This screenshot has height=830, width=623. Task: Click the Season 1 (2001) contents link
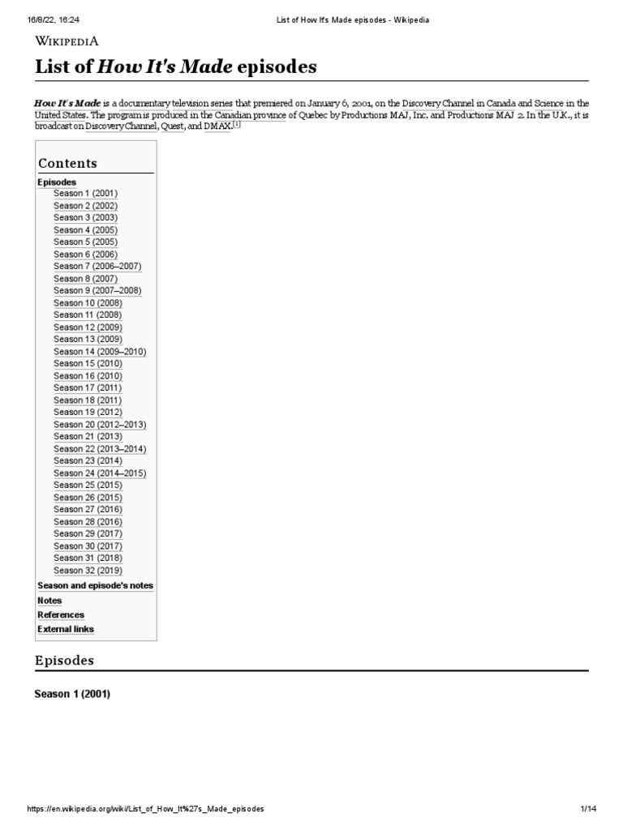click(x=85, y=194)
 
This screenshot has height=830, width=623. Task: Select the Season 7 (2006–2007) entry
click(x=97, y=267)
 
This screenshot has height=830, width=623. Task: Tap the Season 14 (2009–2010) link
click(x=100, y=352)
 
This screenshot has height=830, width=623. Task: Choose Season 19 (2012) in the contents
click(x=88, y=413)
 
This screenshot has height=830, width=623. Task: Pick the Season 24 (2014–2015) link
click(x=100, y=473)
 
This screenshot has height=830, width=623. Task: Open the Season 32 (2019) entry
click(x=88, y=571)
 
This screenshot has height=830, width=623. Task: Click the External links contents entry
click(x=66, y=629)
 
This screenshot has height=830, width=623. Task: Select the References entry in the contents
click(x=61, y=615)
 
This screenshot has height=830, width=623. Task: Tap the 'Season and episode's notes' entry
click(x=95, y=585)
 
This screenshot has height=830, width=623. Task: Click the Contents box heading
click(x=67, y=164)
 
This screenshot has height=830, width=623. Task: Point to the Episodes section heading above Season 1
click(x=64, y=661)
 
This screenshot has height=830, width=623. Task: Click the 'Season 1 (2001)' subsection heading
click(x=72, y=695)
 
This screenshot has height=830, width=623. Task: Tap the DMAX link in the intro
click(x=217, y=126)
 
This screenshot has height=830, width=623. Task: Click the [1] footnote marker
click(x=237, y=125)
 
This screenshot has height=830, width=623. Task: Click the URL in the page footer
click(x=145, y=810)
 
